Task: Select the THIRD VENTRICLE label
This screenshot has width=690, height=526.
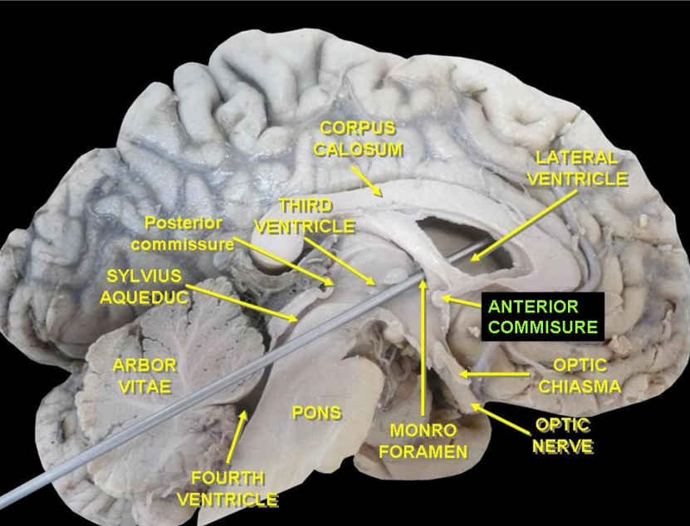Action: [305, 215]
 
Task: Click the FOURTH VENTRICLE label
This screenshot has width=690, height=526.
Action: [227, 489]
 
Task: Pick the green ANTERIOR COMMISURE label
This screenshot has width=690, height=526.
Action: [542, 317]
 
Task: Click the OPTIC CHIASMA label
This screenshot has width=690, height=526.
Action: [579, 376]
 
